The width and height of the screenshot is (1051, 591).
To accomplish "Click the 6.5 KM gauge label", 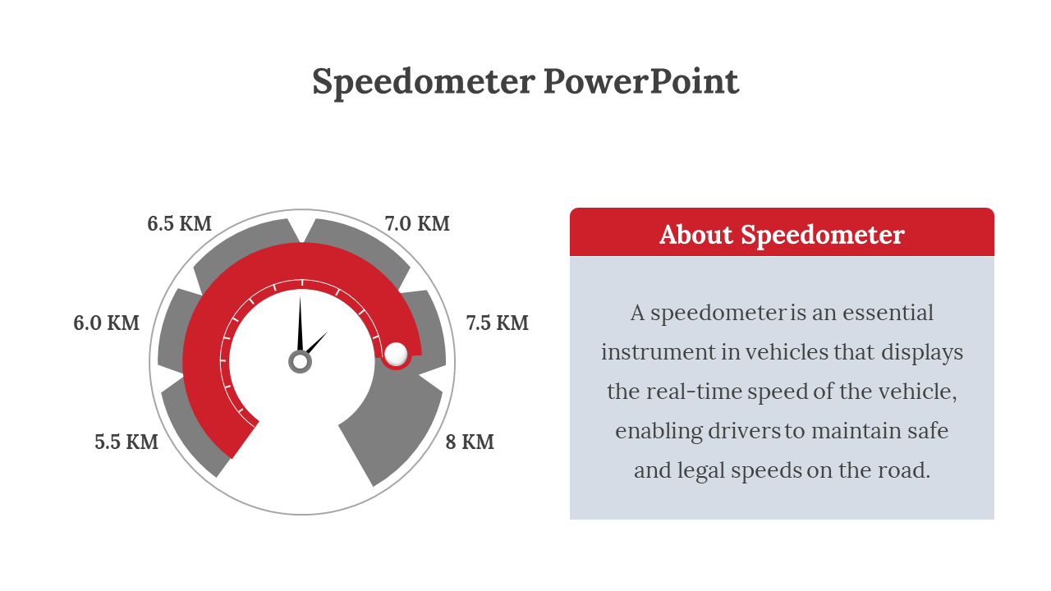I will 179,223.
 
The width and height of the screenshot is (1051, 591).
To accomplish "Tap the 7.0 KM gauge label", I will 417,223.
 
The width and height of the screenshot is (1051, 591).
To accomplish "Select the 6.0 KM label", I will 107,323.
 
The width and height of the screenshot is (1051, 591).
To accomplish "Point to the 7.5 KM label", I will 498,323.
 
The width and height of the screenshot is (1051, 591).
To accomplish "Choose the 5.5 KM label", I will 126,442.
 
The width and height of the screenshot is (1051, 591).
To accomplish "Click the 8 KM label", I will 470,442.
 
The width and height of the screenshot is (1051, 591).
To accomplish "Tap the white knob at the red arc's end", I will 396,354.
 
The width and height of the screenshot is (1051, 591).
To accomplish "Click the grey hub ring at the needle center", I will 301,361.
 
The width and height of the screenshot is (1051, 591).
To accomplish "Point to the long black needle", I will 300,324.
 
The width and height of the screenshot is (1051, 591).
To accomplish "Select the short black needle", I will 318,342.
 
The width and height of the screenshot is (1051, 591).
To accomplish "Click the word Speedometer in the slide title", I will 423,82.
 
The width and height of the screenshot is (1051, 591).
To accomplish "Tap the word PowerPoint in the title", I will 641,82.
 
